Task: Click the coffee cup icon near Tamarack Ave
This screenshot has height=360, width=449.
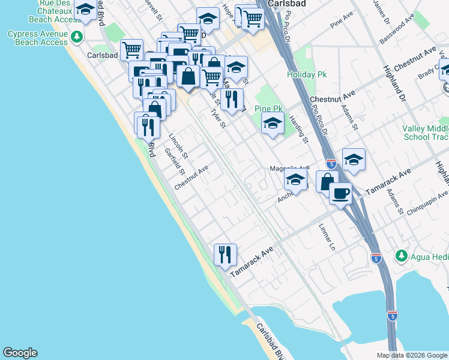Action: (x=340, y=193)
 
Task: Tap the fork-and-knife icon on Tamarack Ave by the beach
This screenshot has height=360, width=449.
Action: (x=225, y=254)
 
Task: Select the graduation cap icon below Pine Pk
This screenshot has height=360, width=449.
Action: (x=273, y=124)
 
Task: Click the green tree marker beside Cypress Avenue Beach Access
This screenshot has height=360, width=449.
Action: (x=76, y=37)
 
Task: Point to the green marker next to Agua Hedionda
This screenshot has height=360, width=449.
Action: (x=400, y=256)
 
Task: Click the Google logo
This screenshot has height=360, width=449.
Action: (x=20, y=353)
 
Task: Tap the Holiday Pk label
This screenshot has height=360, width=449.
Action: (x=306, y=75)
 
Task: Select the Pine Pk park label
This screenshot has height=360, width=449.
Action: (x=268, y=109)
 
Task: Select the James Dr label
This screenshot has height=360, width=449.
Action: (x=379, y=11)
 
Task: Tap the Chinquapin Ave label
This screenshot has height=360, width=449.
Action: (x=426, y=202)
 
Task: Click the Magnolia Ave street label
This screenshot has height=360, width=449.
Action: (x=289, y=168)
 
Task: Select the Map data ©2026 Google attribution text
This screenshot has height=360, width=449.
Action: (x=412, y=355)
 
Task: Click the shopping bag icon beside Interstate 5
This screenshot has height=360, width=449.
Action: (x=327, y=181)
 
